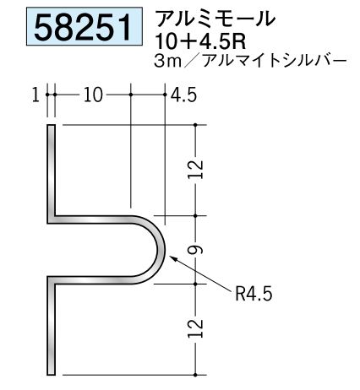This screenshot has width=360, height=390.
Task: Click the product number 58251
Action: tap(83, 27)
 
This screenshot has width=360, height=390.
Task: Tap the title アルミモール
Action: tap(215, 19)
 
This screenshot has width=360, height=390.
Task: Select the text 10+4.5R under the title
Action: tap(200, 41)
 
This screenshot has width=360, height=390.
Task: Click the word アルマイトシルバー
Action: tap(274, 62)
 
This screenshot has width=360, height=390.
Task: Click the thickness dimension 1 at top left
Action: tap(35, 95)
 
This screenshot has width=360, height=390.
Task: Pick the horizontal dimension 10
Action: tap(93, 95)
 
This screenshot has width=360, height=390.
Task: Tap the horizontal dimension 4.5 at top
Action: tap(183, 95)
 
